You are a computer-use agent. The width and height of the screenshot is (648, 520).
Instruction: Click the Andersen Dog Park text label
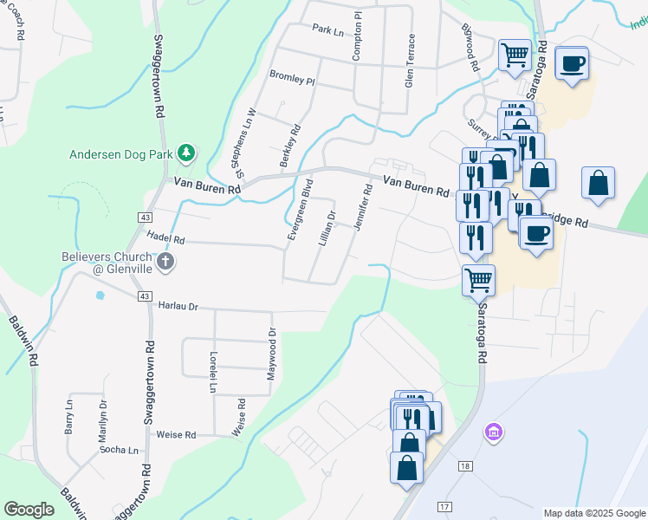(x=120, y=156)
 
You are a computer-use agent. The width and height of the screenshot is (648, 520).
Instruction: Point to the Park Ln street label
(x=328, y=29)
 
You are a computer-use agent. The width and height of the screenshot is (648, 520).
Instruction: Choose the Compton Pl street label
(x=356, y=36)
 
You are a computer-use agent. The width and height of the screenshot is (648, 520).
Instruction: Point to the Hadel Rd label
(x=166, y=238)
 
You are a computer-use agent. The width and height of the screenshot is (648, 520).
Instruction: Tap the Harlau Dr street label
(x=178, y=306)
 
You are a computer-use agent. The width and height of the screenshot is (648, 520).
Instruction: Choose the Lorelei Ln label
(x=212, y=373)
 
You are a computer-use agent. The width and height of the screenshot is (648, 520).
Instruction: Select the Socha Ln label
(x=119, y=451)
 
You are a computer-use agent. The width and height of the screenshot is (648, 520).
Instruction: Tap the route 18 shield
(x=466, y=467)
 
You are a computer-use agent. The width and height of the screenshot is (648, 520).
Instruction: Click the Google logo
(x=29, y=510)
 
